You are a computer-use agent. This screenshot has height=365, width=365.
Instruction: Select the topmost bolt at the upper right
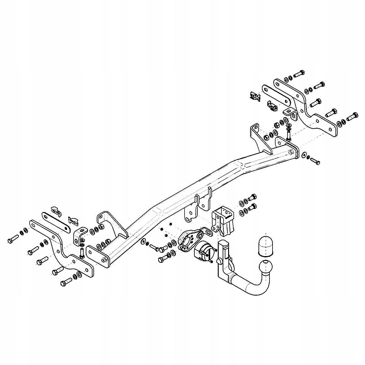(x=299, y=73)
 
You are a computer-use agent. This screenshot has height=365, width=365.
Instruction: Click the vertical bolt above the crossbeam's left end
(x=82, y=252)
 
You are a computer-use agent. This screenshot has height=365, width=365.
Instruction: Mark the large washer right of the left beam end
(x=143, y=242)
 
